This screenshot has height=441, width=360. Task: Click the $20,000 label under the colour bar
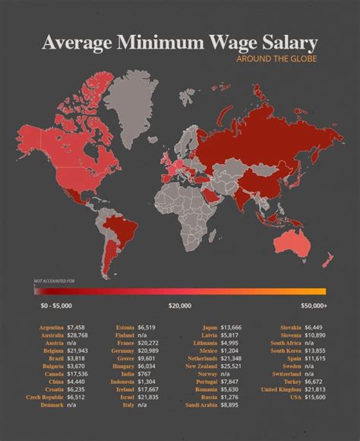click(180, 306)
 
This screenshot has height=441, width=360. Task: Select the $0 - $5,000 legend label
click(55, 306)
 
